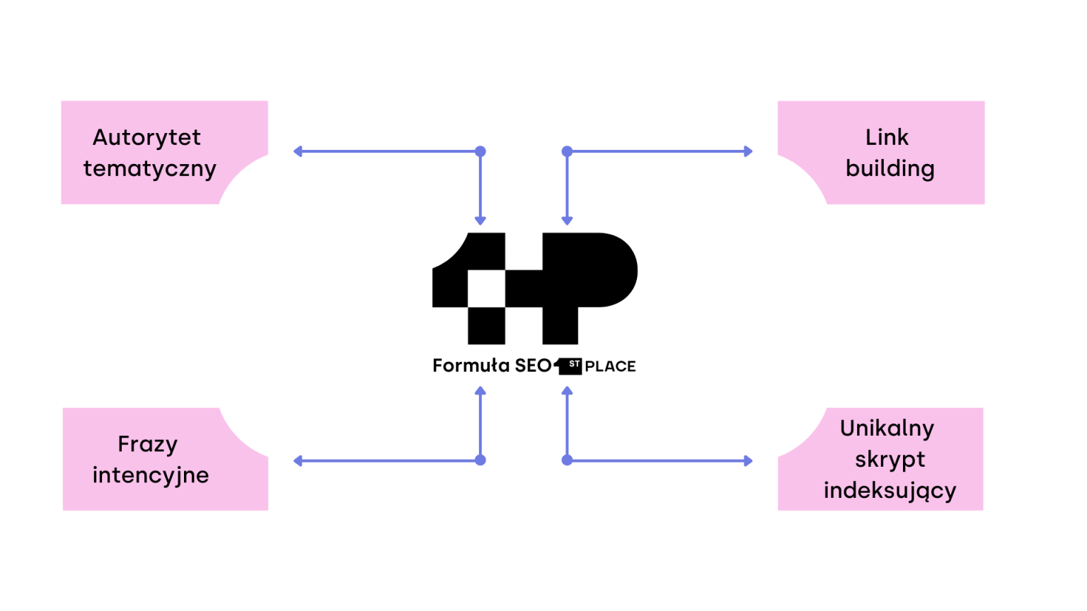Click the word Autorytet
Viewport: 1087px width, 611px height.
146,137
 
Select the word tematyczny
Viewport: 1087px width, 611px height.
149,169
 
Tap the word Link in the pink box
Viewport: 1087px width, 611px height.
887,137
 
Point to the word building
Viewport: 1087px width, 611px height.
890,169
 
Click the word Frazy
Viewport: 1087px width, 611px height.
147,444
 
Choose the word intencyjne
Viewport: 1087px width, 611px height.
150,475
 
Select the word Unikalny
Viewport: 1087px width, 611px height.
887,428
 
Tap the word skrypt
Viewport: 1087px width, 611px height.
890,460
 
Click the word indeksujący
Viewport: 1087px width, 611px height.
890,491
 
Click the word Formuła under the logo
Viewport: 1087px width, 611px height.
471,366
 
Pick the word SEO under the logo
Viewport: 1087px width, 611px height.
533,366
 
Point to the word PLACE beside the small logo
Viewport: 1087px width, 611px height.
610,366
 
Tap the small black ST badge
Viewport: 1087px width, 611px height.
573,365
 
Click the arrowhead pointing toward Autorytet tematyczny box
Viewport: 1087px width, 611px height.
298,151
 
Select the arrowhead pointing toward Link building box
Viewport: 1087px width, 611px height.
748,151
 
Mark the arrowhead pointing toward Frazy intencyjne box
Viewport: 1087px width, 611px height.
298,461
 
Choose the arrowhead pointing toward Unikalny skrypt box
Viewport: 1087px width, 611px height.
748,461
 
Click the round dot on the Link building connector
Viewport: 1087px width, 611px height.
567,151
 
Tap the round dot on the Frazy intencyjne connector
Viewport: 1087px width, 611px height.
481,460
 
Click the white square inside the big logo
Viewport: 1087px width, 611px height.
486,289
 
